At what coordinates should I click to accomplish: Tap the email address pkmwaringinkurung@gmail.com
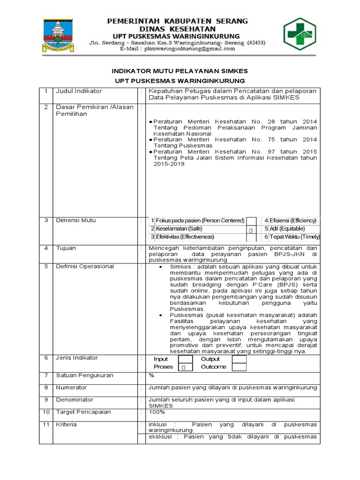click(183, 49)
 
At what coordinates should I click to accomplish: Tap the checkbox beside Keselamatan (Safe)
click(252, 229)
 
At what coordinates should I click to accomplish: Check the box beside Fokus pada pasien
click(252, 221)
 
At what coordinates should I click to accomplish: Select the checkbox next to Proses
click(184, 367)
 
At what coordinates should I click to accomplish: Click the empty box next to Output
click(239, 359)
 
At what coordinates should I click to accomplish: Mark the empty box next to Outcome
click(239, 367)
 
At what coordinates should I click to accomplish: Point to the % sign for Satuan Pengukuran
click(151, 375)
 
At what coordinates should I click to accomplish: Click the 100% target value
click(157, 412)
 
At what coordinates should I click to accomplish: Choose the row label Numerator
click(71, 388)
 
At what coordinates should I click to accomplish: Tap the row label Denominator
click(74, 400)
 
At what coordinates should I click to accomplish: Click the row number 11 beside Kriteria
click(46, 425)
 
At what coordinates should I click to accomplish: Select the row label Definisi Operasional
click(85, 266)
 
